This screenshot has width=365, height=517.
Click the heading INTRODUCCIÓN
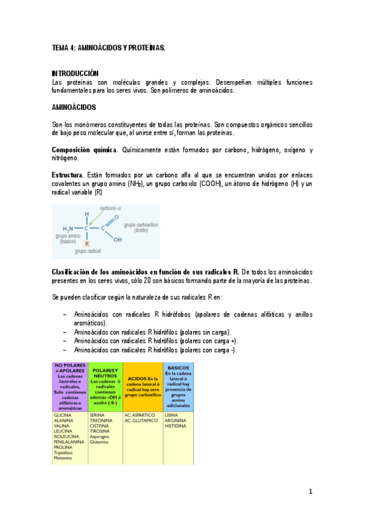coord(75,73)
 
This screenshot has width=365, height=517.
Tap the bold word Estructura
coord(68,175)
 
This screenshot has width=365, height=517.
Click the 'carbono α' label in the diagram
coord(110,209)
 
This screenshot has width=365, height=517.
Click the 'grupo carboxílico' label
coord(141,227)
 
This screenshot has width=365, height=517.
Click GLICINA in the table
coord(63,415)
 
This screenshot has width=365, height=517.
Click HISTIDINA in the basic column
coord(176,426)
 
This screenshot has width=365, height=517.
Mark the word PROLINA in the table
coord(63,447)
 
